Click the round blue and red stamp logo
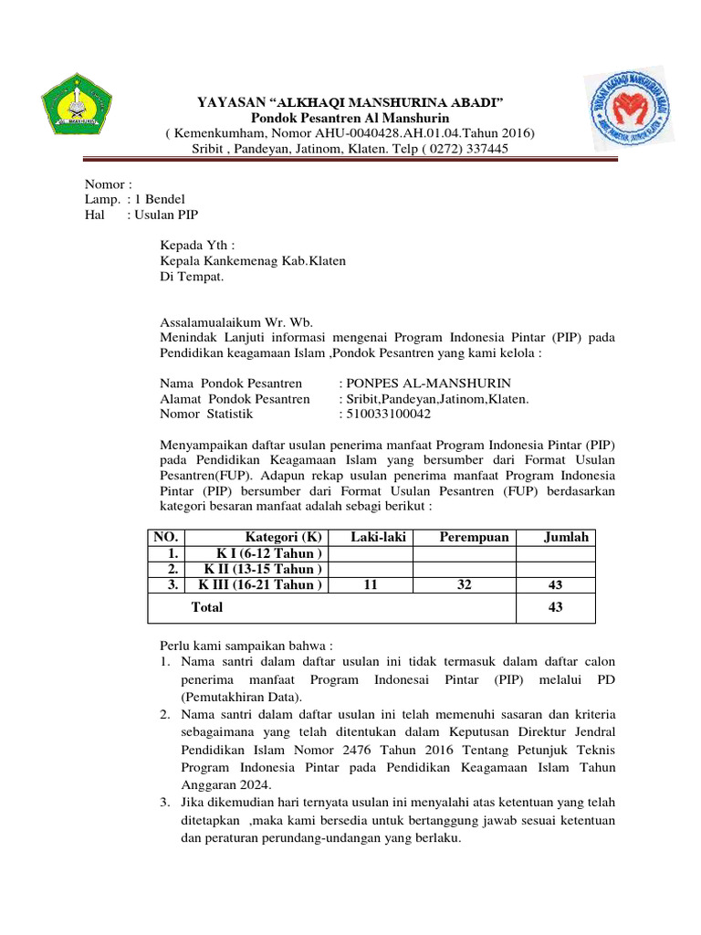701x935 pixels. point(627,111)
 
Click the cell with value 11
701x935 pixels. point(371,584)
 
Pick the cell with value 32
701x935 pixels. point(465,584)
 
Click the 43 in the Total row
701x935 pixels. point(555,607)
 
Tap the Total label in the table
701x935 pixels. point(206,606)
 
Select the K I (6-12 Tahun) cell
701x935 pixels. point(268,553)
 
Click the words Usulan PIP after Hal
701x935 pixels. point(167,215)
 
